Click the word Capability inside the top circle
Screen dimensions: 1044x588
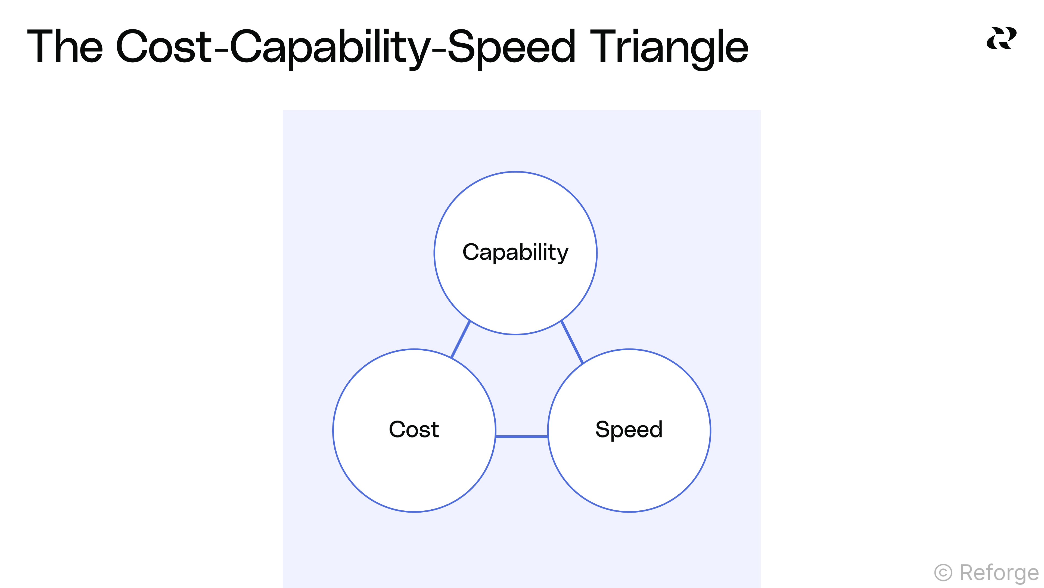515,252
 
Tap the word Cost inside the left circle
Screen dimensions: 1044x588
414,429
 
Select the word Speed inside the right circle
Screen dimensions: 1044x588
629,429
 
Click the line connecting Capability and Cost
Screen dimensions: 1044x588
460,339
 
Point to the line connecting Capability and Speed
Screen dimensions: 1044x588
572,342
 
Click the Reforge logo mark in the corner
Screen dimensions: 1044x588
1001,39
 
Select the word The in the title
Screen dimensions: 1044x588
65,47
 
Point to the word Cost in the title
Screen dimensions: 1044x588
164,47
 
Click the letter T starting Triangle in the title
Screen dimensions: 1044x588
604,47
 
